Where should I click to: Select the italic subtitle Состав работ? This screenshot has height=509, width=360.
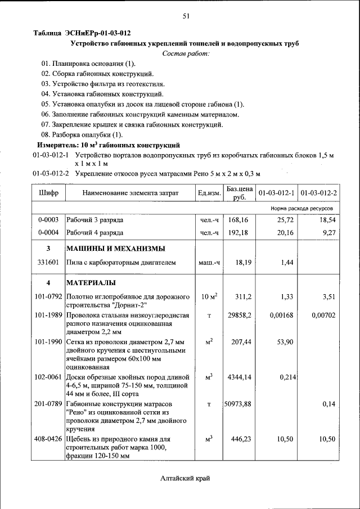pos(185,53)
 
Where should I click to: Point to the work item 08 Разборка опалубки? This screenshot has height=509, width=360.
pos(82,134)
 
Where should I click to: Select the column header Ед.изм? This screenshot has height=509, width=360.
pos(209,193)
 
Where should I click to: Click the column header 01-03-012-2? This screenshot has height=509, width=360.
pos(318,193)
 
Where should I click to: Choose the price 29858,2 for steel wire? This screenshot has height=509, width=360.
pos(239,316)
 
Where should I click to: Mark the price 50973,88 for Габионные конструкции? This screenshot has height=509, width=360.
pos(238,404)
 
